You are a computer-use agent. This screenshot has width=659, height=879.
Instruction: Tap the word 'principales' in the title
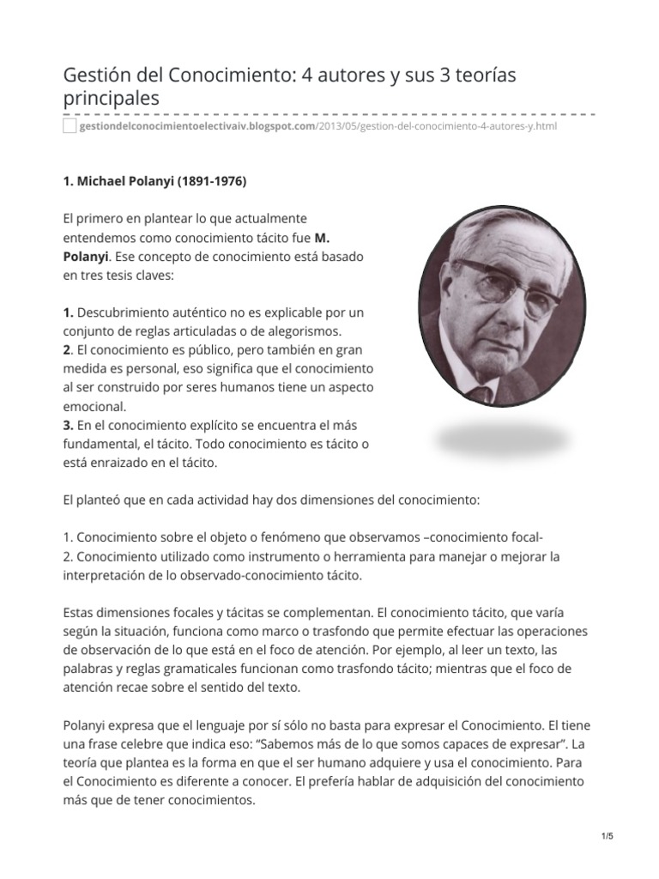point(112,99)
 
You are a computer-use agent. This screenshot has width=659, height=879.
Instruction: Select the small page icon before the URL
point(70,127)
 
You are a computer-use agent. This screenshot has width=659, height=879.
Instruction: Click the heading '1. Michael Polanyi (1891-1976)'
point(154,182)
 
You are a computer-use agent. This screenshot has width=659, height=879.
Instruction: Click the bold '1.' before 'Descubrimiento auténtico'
point(69,312)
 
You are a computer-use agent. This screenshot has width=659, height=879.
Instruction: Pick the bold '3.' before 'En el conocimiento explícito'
point(69,426)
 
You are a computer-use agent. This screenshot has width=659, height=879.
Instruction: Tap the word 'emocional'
point(94,407)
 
